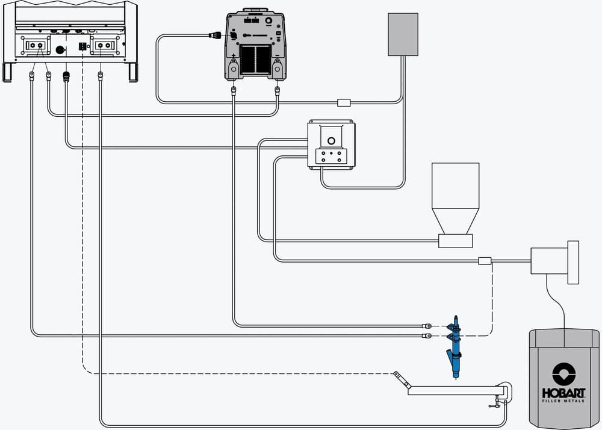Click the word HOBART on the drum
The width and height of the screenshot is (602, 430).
[563, 393]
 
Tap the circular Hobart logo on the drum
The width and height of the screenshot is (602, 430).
[563, 374]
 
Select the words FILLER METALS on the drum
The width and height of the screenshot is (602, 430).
[563, 401]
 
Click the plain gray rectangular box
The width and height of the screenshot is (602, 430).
[403, 34]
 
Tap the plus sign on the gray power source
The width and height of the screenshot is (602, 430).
[234, 55]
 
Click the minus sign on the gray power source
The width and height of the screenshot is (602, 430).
[277, 55]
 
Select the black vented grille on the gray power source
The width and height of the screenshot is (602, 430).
[255, 60]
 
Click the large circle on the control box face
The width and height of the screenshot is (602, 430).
[331, 141]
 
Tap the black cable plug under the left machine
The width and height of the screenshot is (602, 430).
[66, 76]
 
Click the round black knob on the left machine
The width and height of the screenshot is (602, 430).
[60, 50]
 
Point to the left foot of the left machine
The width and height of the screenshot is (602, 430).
[8, 72]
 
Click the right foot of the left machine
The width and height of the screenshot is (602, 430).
[133, 72]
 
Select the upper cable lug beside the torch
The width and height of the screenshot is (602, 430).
[427, 326]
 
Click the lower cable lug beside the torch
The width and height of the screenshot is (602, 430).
[427, 336]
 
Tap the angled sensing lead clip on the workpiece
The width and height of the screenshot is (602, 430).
[402, 380]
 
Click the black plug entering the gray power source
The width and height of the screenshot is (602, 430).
[214, 36]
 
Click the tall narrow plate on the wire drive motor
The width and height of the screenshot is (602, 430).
[573, 263]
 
